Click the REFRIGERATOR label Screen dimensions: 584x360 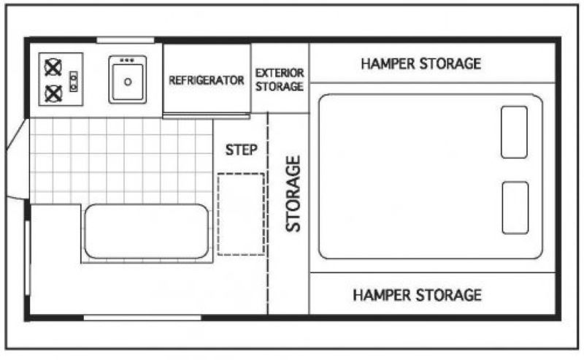[207, 80]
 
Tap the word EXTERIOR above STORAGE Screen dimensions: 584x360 [280, 73]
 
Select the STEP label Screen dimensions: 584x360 [242, 150]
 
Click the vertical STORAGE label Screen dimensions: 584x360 [293, 194]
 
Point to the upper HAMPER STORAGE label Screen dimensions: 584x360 [421, 64]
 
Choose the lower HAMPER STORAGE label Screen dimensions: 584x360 [417, 295]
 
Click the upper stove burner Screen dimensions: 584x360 [53, 67]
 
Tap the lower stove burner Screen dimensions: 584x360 [53, 93]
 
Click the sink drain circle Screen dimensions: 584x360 [128, 82]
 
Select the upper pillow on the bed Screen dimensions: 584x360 [514, 132]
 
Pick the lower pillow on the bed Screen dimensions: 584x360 [515, 207]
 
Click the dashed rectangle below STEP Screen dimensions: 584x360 [241, 214]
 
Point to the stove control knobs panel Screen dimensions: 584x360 [74, 81]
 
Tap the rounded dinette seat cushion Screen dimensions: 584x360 [147, 231]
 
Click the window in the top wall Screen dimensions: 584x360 [126, 40]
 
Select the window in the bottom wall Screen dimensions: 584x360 [142, 318]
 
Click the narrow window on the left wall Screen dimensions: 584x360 [27, 258]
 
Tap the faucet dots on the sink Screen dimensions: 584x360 [127, 60]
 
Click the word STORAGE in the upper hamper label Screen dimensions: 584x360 [450, 64]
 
